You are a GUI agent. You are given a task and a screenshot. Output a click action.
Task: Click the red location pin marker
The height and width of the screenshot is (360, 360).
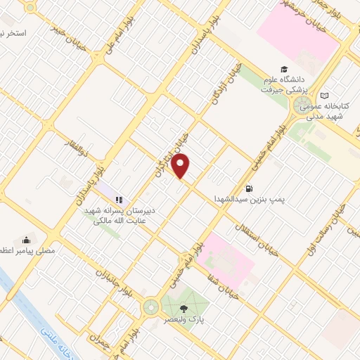(181, 166)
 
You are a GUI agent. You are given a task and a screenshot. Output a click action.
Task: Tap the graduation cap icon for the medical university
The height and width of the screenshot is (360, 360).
(283, 70)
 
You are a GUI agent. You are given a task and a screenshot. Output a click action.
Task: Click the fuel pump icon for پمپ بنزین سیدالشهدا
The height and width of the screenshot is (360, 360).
(249, 188)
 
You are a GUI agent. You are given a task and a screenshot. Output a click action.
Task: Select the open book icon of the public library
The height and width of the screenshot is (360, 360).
(323, 96)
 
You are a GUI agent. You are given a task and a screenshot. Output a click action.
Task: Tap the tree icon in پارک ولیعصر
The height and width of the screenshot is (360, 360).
(184, 308)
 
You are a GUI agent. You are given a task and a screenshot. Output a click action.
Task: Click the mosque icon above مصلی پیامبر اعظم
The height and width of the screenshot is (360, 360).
(27, 240)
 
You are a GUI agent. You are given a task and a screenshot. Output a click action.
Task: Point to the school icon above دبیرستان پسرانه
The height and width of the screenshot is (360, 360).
(119, 200)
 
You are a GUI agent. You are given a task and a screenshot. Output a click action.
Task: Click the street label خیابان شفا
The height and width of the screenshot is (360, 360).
(243, 289)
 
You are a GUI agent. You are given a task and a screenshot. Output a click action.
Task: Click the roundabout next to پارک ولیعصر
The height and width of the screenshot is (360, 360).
(150, 307)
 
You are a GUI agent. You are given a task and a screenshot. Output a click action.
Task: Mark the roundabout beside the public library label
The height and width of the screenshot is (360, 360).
(301, 106)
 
